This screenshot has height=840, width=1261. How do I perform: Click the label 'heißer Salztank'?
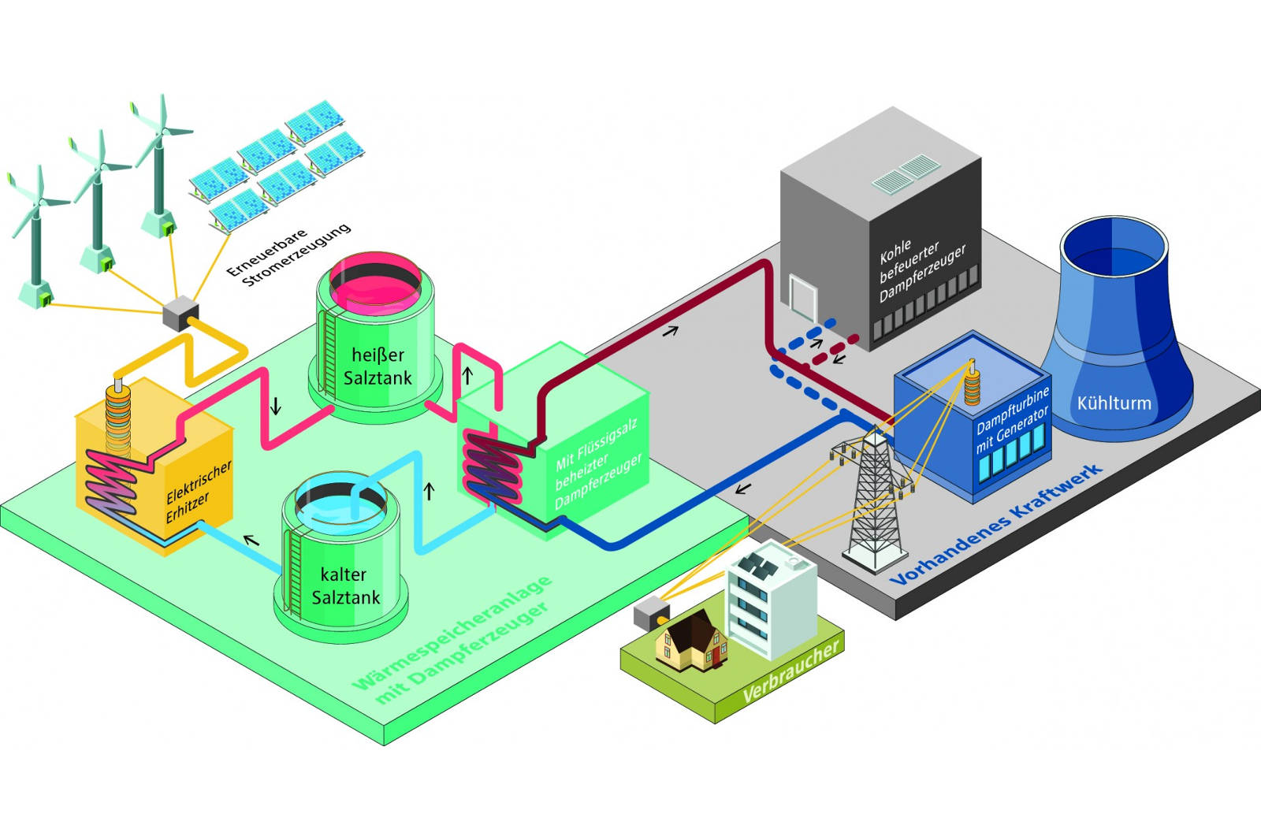click(378, 366)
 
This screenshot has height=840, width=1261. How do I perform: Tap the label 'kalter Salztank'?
click(345, 585)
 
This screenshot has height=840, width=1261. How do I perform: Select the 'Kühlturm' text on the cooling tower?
click(1114, 403)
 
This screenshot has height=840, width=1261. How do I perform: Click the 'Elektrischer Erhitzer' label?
click(199, 492)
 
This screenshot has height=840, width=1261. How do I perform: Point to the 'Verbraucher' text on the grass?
click(790, 672)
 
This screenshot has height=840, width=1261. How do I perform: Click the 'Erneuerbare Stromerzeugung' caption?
click(288, 254)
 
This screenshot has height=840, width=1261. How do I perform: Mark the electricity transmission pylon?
click(874, 496)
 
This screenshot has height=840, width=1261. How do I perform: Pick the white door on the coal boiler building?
click(803, 297)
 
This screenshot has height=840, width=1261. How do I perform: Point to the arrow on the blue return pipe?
click(741, 489)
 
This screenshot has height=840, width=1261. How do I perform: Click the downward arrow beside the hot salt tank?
click(275, 407)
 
